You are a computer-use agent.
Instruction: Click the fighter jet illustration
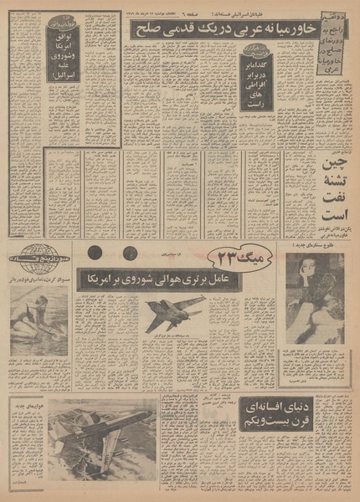[x=173, y=314]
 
